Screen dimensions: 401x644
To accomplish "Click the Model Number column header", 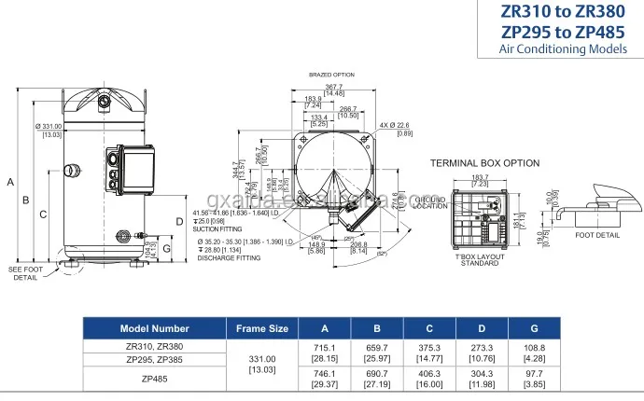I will pos(154,328).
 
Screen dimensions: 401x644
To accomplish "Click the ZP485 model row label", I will pos(154,379).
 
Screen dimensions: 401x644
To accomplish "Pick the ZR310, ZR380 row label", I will pos(154,346).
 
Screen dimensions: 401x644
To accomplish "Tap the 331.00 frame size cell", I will pos(262,358).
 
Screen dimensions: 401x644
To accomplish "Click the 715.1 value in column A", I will pos(324,346).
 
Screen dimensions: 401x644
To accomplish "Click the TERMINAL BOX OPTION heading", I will pos(484,162).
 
